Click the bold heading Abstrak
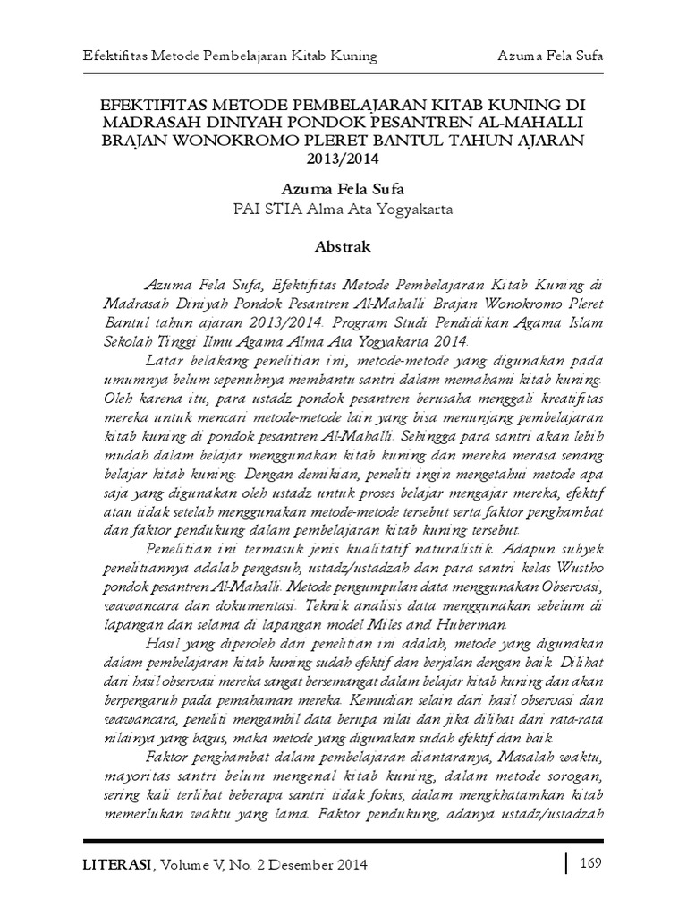coord(343,244)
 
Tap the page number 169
coord(590,863)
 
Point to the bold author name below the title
coord(343,191)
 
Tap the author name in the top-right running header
coord(550,56)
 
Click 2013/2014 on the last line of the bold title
coord(343,160)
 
